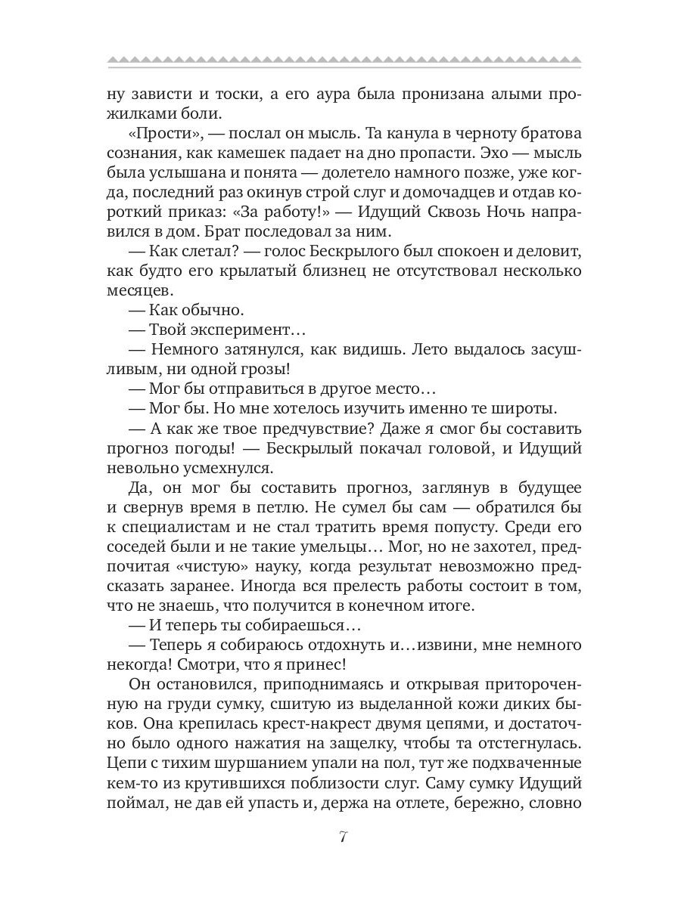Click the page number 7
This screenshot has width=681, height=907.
[x=343, y=838]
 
